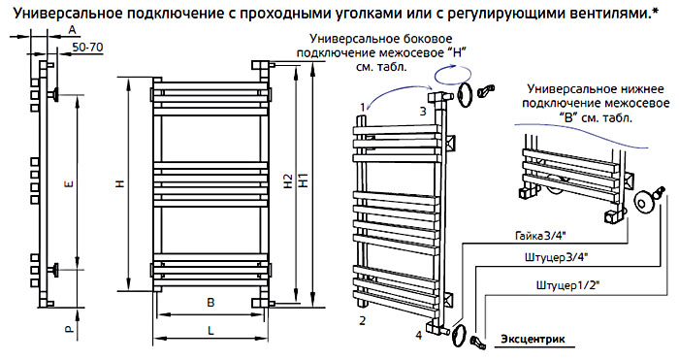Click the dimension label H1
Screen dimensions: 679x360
(x=304, y=180)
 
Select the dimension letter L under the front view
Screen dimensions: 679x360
(x=210, y=331)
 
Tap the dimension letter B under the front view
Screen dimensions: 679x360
(x=210, y=303)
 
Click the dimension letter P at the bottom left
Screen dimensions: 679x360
(x=69, y=330)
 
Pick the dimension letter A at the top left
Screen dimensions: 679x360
(x=73, y=30)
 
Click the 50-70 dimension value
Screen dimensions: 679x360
(x=88, y=48)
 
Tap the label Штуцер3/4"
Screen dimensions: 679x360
(x=556, y=258)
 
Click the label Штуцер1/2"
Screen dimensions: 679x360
(x=567, y=285)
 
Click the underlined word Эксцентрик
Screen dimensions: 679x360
(x=533, y=339)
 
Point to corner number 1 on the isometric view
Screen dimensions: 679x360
(x=364, y=106)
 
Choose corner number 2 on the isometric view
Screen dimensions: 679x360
(x=363, y=321)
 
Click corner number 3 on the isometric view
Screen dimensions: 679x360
(x=423, y=112)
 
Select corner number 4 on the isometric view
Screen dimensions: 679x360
(x=418, y=335)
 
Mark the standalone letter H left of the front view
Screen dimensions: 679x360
(x=121, y=183)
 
